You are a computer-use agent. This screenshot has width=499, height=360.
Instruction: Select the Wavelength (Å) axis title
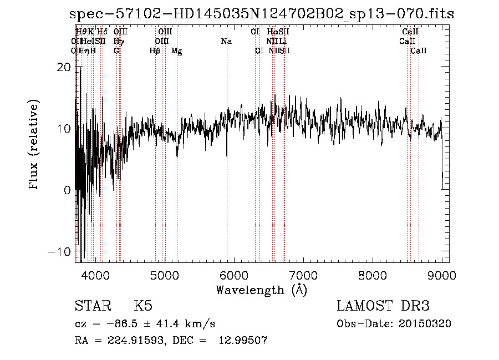[x=261, y=290]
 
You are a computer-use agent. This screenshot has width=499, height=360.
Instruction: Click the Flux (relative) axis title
[x=34, y=146]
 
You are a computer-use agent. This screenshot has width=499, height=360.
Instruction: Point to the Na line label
[x=226, y=42]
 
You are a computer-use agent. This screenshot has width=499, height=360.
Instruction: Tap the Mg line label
[x=176, y=51]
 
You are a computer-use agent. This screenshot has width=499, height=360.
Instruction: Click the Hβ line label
[x=155, y=51]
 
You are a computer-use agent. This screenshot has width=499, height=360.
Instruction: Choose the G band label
[x=116, y=51]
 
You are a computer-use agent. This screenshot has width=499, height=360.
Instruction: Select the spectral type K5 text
[x=142, y=306]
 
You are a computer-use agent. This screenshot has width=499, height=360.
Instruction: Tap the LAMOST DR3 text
[x=383, y=306]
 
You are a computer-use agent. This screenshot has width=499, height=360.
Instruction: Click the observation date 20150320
[x=427, y=324]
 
